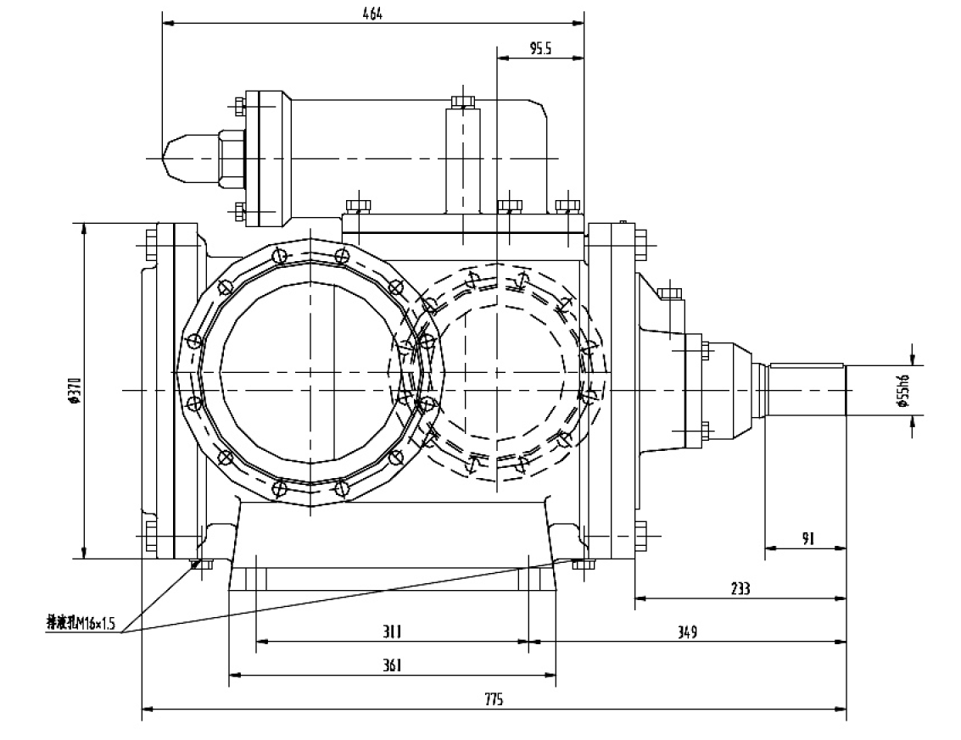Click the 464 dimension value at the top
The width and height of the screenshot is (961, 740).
click(372, 13)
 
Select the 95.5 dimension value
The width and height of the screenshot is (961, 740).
click(540, 49)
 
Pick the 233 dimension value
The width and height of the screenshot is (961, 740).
click(740, 588)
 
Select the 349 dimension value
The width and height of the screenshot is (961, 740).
click(687, 632)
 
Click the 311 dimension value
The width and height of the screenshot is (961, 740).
click(392, 632)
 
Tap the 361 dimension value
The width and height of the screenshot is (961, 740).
click(392, 665)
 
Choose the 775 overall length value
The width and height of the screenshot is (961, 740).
click(494, 699)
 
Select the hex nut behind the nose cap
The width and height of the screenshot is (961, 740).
click(230, 159)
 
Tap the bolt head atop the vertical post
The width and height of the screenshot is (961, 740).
click(462, 103)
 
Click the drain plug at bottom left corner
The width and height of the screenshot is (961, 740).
click(202, 564)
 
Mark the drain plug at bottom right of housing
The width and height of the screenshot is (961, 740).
click(582, 564)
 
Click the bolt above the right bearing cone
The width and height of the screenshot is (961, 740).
click(670, 293)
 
